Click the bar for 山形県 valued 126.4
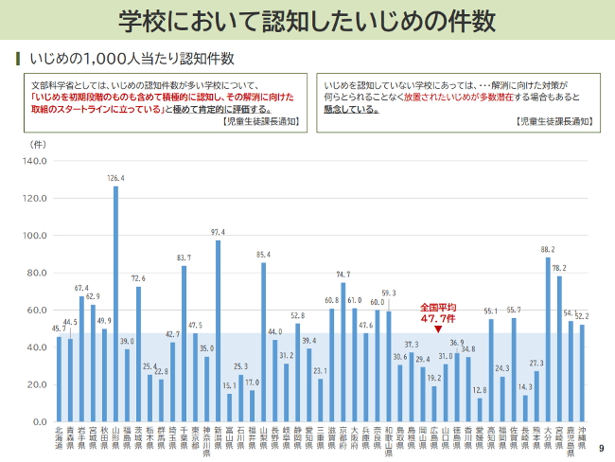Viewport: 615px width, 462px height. pyautogui.click(x=116, y=303)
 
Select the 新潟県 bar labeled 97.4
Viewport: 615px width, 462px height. pyautogui.click(x=219, y=330)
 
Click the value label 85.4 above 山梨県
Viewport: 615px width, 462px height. pyautogui.click(x=264, y=255)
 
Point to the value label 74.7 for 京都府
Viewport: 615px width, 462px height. pyautogui.click(x=343, y=275)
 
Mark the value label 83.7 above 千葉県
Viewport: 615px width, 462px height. pyautogui.click(x=184, y=258)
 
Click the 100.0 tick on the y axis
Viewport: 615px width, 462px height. pyautogui.click(x=34, y=236)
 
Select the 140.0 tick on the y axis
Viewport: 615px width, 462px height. pyautogui.click(x=34, y=161)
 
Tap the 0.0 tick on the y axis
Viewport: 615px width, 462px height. pyautogui.click(x=39, y=421)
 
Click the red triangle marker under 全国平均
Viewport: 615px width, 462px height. pyautogui.click(x=438, y=329)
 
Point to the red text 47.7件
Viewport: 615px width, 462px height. pyautogui.click(x=438, y=319)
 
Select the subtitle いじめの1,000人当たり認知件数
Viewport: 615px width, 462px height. pyautogui.click(x=132, y=59)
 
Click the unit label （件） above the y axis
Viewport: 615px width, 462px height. pyautogui.click(x=39, y=144)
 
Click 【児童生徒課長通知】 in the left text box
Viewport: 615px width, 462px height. pyautogui.click(x=260, y=122)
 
